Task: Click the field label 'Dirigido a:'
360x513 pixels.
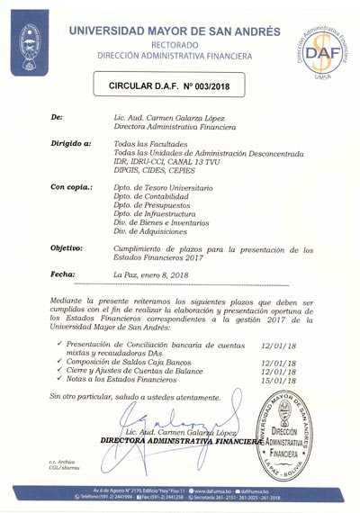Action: [x=70, y=144]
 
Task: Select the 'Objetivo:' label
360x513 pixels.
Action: [x=67, y=247]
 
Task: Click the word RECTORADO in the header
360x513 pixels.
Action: [x=181, y=44]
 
